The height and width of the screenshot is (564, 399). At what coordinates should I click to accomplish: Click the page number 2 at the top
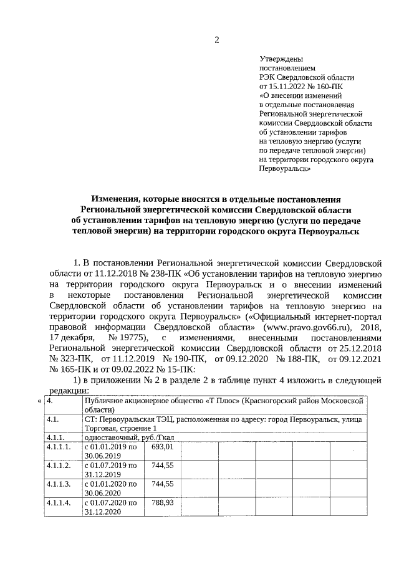(x=216, y=41)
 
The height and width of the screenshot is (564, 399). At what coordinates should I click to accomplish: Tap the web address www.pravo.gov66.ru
(x=302, y=326)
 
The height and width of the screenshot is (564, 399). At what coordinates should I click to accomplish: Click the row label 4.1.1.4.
(x=59, y=502)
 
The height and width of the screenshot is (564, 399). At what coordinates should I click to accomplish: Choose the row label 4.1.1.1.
(x=59, y=447)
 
